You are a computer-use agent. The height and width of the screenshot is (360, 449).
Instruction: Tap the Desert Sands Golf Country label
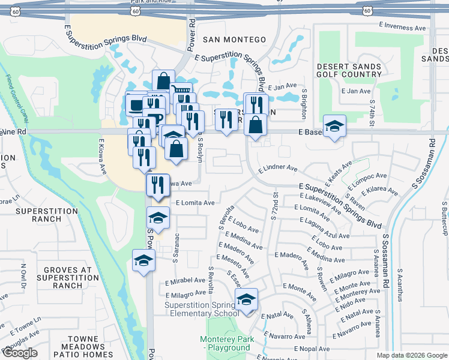pyautogui.click(x=349, y=70)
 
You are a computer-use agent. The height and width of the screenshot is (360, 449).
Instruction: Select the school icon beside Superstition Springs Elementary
pyautogui.click(x=246, y=300)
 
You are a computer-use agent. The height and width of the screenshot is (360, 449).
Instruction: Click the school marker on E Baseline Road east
pyautogui.click(x=334, y=127)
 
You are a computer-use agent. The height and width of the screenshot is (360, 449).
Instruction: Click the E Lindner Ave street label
pyautogui.click(x=278, y=169)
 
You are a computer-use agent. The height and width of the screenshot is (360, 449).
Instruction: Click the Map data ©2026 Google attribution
pyautogui.click(x=412, y=355)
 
